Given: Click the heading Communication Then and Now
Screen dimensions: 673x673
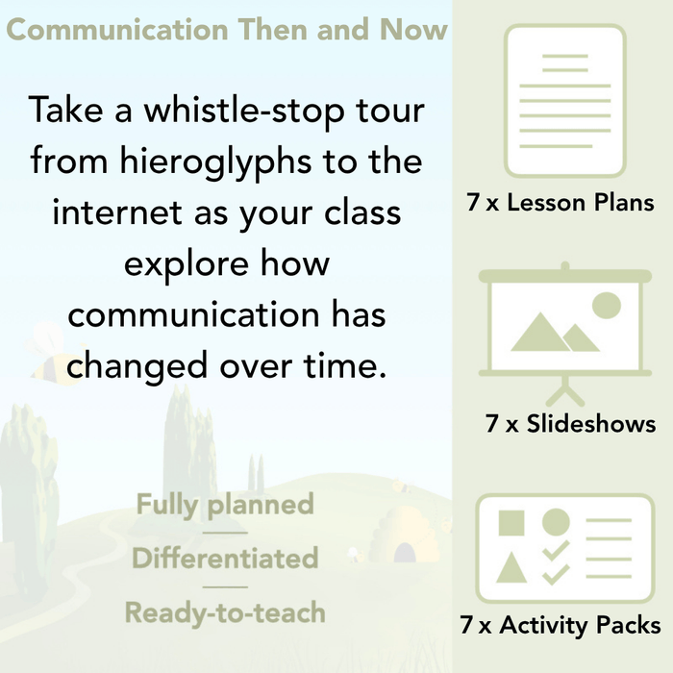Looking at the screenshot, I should click(x=227, y=30).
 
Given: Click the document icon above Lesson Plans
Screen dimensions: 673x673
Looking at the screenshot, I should click(x=564, y=100).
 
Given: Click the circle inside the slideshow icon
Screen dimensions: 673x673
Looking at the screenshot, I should click(x=606, y=306).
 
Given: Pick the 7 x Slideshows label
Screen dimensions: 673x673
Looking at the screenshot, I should click(x=571, y=423).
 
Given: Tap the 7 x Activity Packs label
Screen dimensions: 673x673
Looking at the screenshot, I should click(x=561, y=625).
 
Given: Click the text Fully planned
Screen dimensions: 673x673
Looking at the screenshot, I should click(x=225, y=505).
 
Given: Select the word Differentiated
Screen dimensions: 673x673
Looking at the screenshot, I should click(x=225, y=558).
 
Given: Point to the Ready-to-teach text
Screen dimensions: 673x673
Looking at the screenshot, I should click(x=225, y=611).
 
